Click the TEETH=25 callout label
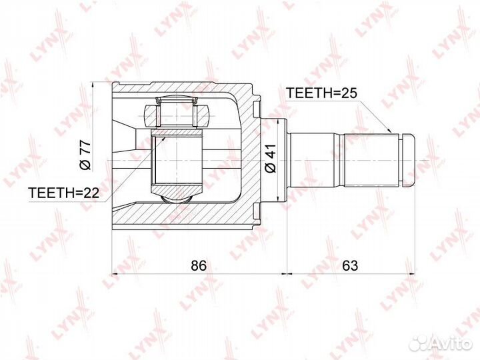point(321,93)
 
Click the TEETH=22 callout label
point(64,193)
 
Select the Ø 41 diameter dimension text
point(271,158)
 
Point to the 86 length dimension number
point(199,265)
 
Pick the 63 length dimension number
point(350,265)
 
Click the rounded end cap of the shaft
point(408,160)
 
